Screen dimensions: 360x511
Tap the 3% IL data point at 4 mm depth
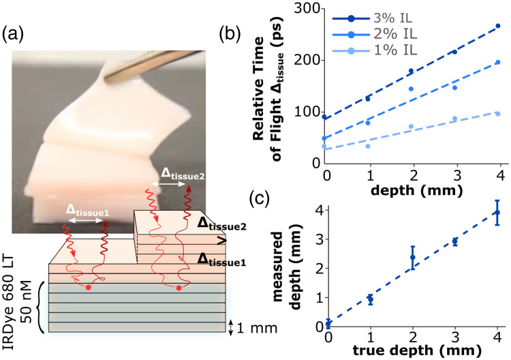coord(498,26)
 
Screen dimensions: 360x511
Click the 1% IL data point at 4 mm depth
coord(498,113)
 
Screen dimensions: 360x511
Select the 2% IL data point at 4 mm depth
coord(498,62)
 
